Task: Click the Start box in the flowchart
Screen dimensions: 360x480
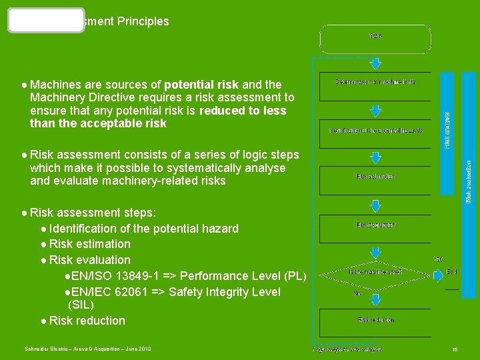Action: pos(375,39)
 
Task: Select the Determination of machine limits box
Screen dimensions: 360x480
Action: pos(375,82)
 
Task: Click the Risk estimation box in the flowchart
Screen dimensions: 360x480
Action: pos(375,177)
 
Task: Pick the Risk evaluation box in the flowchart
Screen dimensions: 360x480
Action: pos(375,225)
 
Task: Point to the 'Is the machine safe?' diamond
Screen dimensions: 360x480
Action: pos(375,271)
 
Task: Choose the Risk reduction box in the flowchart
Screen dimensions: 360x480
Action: pos(375,320)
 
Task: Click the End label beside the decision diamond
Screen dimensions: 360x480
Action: pos(452,272)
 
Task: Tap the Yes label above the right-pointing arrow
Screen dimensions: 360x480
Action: pos(438,259)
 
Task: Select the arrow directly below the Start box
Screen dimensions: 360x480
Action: pos(375,62)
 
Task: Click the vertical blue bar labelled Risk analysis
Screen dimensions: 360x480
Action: pos(448,111)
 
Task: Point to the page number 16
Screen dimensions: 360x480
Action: pos(455,349)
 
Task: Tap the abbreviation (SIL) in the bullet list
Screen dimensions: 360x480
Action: pos(81,305)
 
